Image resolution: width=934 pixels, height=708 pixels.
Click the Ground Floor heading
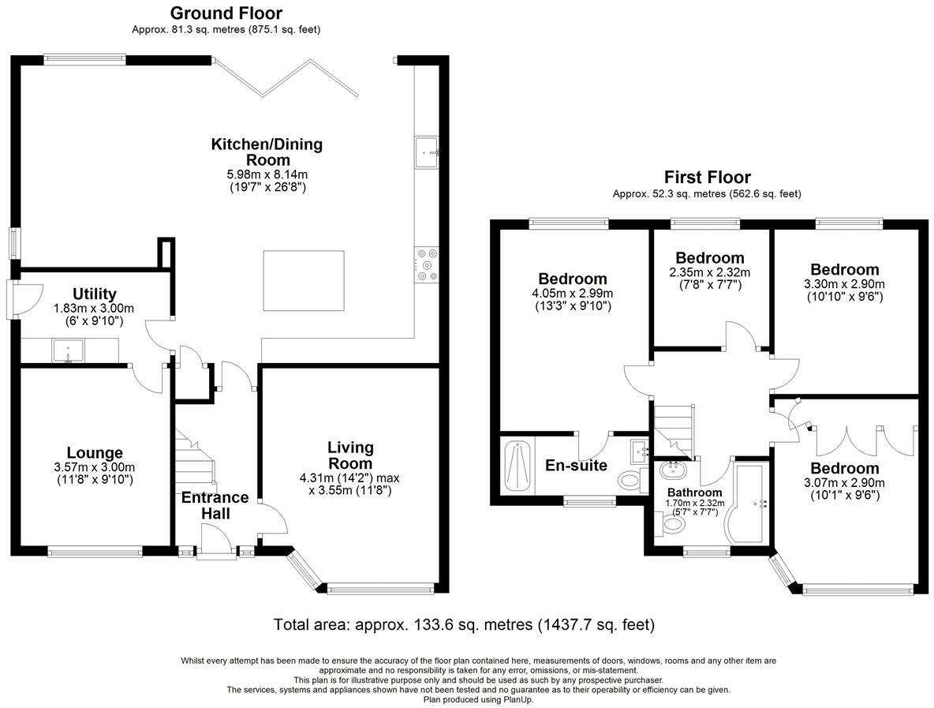[x=226, y=13]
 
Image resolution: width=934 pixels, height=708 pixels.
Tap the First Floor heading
[x=707, y=177]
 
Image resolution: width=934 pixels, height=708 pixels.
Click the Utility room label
[x=94, y=294]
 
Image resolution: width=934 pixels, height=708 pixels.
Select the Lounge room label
[x=94, y=453]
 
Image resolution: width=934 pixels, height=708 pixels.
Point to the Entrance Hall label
[x=215, y=505]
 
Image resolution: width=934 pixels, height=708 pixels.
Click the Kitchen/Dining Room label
[x=267, y=152]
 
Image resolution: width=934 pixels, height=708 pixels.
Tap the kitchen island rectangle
[x=304, y=281]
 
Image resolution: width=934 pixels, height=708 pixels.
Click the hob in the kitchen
[x=427, y=264]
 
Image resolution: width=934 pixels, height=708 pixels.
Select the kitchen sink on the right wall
[x=427, y=152]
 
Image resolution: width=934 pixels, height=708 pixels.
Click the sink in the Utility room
[x=69, y=351]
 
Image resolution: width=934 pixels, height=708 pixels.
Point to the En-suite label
[x=576, y=466]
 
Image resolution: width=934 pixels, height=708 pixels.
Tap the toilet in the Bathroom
[x=672, y=524]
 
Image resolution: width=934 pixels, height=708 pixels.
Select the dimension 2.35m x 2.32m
[x=710, y=272]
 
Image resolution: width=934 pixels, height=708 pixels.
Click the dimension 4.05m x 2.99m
[x=573, y=293]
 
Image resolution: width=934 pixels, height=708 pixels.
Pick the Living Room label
[x=351, y=455]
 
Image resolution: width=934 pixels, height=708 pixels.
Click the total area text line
[x=464, y=624]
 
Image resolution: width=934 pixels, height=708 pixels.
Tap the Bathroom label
[x=694, y=493]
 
